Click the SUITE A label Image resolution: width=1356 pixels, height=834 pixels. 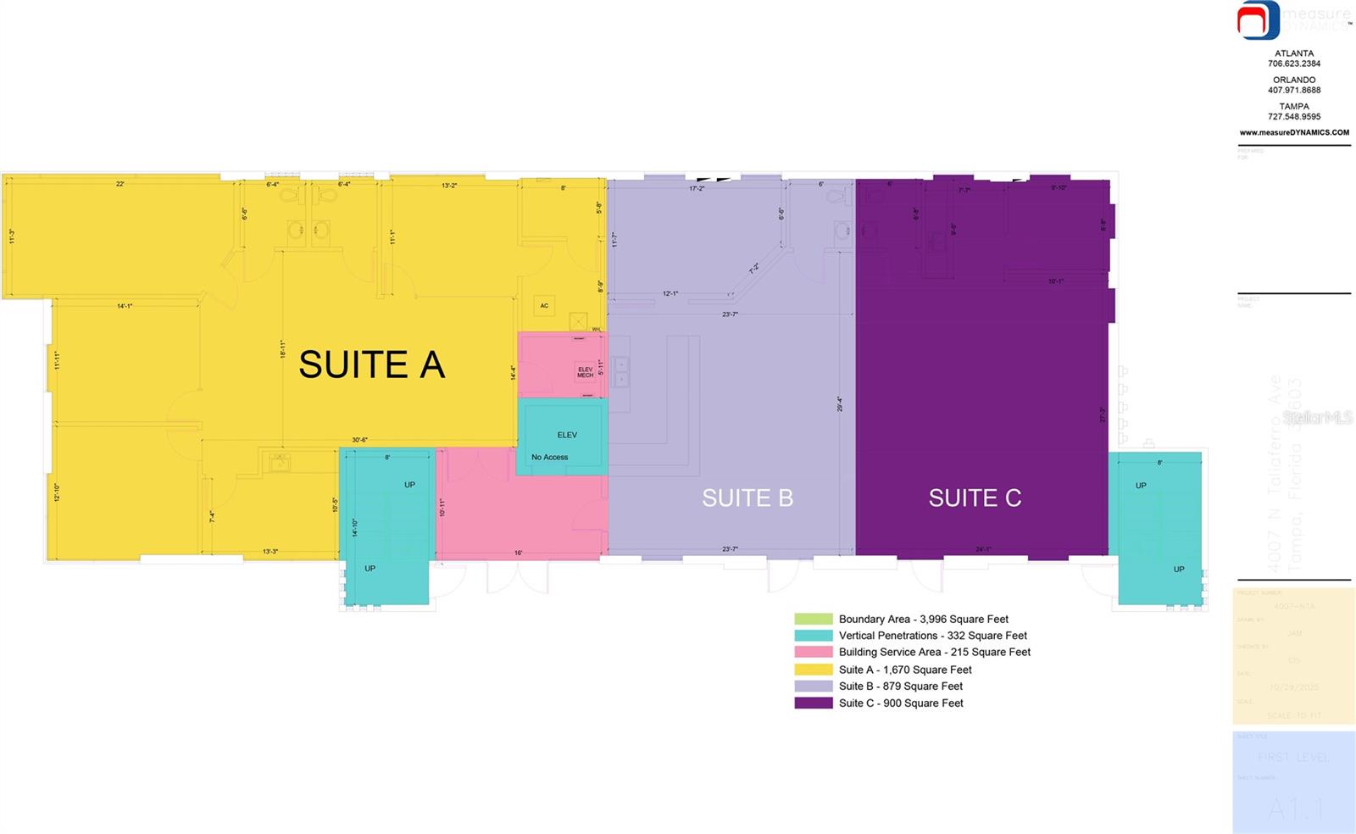pos(371,365)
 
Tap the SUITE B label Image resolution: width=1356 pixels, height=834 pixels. pos(747,498)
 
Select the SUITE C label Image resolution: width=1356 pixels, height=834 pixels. pos(975,498)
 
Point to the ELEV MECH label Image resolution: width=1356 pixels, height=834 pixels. pos(585,372)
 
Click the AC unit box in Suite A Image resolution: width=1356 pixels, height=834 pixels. pos(544,306)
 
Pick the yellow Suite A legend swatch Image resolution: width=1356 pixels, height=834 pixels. pos(813,670)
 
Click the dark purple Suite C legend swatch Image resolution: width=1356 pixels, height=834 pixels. pos(813,703)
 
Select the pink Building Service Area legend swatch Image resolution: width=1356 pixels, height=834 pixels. pos(813,652)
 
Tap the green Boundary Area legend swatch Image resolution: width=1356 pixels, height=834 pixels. pos(813,619)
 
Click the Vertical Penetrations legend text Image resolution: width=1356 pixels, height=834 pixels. pos(932,636)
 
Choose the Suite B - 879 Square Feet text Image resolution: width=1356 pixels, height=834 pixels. pos(900,687)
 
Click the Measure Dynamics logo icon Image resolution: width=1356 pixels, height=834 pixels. pos(1258,20)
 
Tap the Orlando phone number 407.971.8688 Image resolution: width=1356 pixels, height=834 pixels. pos(1294,90)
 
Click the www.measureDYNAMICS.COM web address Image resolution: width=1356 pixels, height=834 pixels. pos(1294,132)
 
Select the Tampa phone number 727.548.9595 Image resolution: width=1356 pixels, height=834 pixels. pos(1294,117)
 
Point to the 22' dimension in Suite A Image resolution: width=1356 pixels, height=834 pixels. pos(120,184)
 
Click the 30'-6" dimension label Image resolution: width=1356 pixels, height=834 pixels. pos(360,440)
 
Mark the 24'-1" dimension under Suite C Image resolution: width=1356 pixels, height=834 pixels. pos(983,549)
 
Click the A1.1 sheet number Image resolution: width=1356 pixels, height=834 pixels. pos(1293,809)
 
